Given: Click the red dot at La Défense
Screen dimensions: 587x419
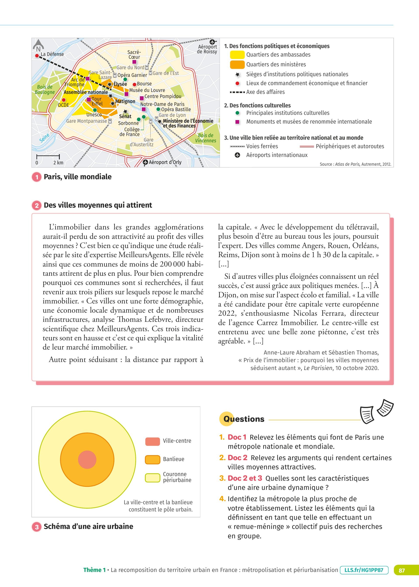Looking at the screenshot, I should pos(37,55).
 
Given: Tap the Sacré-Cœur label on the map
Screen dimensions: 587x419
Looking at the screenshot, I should pos(134,54).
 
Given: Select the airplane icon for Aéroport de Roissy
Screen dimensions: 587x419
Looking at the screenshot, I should pos(212,41).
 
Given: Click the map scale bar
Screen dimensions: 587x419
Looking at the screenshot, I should pos(48,156).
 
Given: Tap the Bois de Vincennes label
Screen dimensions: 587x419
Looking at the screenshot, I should pos(206,138).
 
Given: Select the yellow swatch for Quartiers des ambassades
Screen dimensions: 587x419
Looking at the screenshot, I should pos(237,55).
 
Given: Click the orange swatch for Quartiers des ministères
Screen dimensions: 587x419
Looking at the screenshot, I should pos(237,64).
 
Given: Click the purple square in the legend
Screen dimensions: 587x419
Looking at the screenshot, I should pos(237,122).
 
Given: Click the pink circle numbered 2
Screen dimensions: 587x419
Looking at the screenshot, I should pos(37,205).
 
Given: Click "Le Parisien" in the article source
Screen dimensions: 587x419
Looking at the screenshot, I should pos(318,368).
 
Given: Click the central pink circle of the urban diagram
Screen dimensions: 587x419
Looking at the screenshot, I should pos(87,460).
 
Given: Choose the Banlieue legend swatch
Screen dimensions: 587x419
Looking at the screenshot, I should pos(153,459).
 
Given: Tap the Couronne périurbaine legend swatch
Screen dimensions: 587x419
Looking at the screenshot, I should pos(153,478).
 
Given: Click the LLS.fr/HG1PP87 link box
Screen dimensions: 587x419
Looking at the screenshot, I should pos(364,570).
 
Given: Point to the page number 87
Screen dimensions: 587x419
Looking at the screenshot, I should pos(402,570).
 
